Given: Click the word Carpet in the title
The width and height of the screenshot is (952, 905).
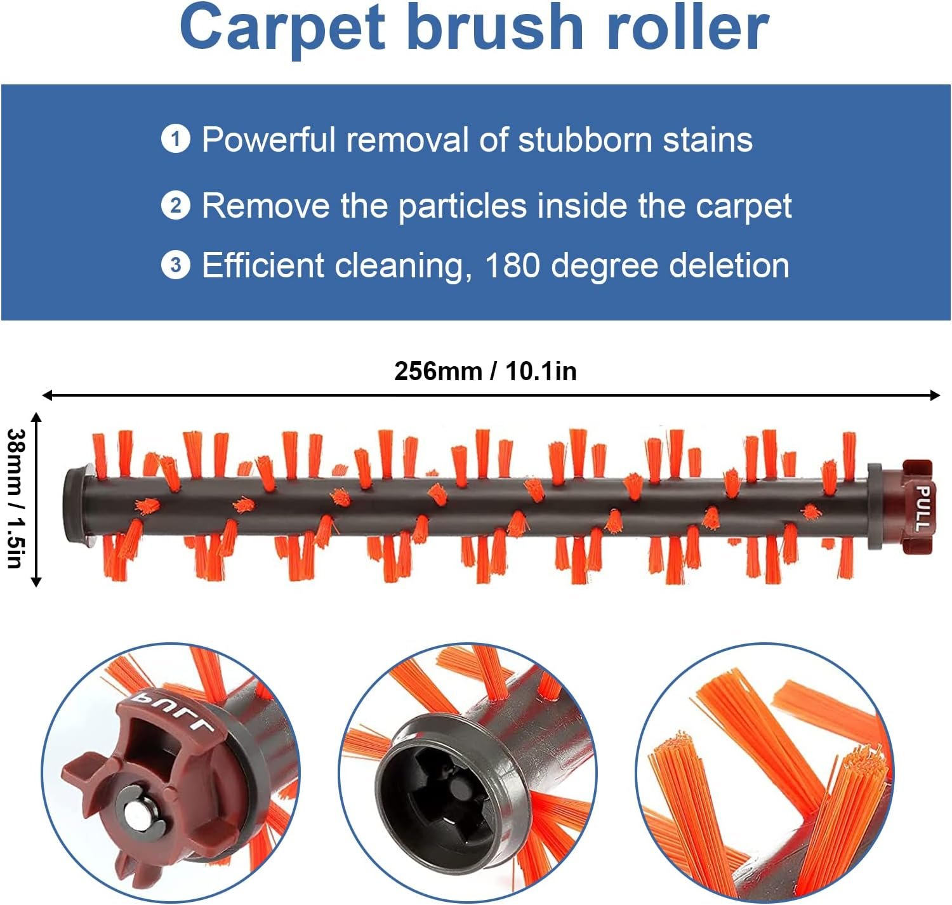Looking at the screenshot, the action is (x=283, y=30).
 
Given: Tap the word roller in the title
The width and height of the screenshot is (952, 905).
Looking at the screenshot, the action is (x=687, y=27).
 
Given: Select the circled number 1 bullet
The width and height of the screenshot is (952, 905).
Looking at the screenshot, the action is (x=175, y=139).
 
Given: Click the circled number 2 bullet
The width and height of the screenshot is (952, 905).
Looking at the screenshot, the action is (x=175, y=206).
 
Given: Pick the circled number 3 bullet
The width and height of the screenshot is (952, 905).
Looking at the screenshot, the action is (x=175, y=265).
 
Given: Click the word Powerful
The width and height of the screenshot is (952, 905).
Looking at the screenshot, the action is (x=268, y=140).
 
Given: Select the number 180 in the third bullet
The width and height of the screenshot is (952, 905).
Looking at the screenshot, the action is (x=512, y=265).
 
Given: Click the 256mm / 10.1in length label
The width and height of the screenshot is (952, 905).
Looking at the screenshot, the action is (x=485, y=371).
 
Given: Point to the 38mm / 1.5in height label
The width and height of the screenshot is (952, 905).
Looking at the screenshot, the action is (x=15, y=499).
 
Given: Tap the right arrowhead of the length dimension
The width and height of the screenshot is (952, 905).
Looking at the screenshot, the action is (x=935, y=395).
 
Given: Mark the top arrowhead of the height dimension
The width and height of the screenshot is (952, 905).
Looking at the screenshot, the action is (x=36, y=417).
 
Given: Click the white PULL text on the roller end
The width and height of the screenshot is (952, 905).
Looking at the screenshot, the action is (x=923, y=508).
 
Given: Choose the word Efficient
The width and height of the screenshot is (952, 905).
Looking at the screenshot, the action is (x=263, y=265).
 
